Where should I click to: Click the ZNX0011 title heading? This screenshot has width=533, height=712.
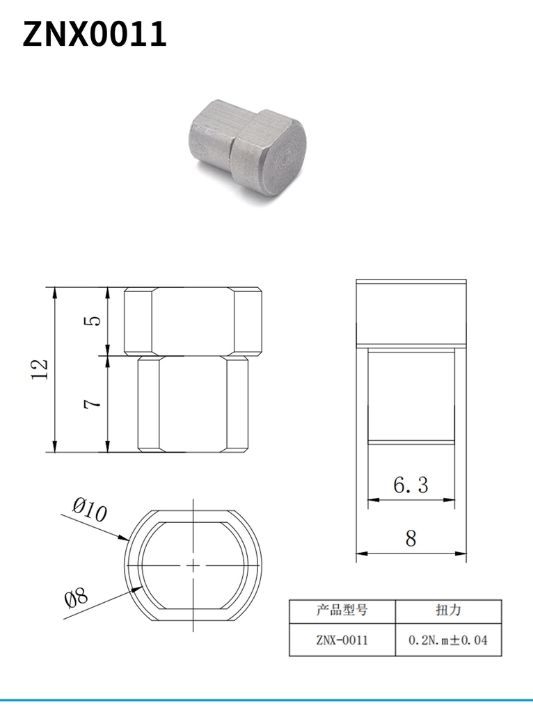coord(95,34)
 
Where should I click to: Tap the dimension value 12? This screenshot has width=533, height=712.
coord(40,369)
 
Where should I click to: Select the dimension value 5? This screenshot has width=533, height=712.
coord(93,321)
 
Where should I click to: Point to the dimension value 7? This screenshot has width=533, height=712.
coord(93,403)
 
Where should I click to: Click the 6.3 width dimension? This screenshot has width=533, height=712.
coord(411,485)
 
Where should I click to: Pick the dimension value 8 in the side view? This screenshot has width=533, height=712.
coord(411,539)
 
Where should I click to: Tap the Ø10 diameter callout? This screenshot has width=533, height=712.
coord(90,510)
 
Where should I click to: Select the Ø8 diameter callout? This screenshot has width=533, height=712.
coord(77,599)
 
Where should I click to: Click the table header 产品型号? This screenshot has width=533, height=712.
coord(342,610)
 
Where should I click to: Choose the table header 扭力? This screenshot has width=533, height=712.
coord(449,610)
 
